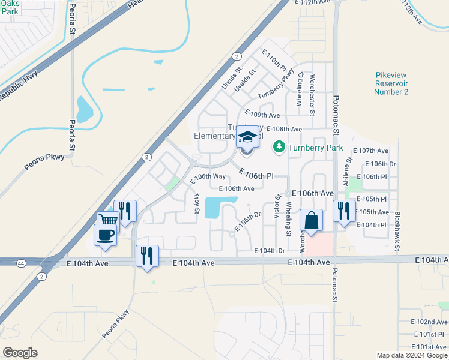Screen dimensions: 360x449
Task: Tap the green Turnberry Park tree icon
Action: coord(279,146)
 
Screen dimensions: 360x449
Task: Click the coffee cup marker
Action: coord(105,235)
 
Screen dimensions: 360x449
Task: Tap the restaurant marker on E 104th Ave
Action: coord(147,256)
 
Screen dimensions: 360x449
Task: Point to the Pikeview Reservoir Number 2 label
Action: coord(391,83)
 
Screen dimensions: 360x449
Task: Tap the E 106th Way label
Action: coord(208,176)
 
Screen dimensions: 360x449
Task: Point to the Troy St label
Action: coord(196,203)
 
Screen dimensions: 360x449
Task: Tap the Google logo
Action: coord(19,353)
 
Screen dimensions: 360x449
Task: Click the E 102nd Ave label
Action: coord(430,322)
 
